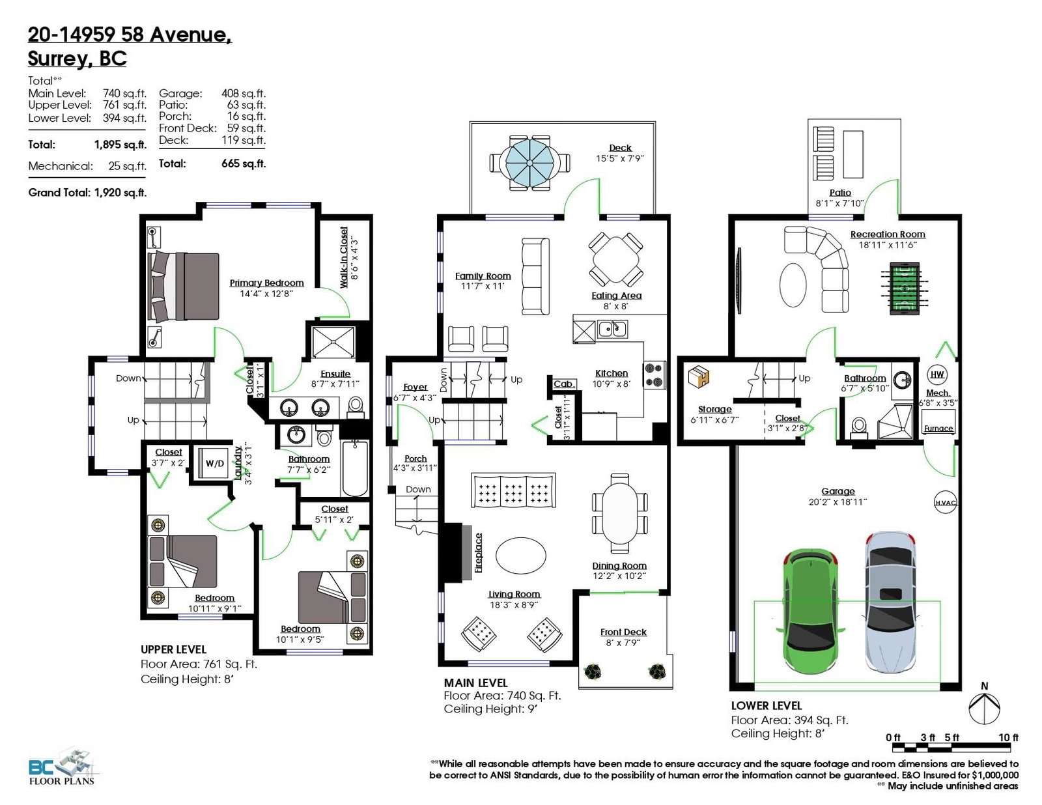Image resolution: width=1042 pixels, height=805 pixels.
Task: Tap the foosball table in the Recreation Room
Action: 904,288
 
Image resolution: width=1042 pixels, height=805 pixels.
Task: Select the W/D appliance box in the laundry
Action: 214,463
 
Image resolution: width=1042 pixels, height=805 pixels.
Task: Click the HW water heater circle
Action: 937,374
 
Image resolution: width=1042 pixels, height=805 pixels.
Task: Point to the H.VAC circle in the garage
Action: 945,502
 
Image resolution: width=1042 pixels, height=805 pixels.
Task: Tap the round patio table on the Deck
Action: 529,163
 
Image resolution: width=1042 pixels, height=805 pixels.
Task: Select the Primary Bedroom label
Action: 266,283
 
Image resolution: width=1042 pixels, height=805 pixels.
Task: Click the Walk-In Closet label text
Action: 344,257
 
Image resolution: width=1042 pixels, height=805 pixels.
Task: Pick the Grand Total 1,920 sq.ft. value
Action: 120,193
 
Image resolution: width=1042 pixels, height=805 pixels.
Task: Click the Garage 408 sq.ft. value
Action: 243,94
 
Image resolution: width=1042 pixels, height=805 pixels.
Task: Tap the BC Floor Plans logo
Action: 64,766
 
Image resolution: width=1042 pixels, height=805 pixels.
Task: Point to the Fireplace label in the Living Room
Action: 478,552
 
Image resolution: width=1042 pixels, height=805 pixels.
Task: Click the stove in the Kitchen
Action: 654,374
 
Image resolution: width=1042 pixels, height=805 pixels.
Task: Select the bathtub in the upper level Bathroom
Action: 355,468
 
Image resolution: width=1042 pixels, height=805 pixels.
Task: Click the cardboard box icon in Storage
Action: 699,376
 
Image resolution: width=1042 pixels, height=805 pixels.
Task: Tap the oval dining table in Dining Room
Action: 619,513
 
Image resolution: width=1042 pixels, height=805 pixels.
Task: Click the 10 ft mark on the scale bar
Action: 1008,737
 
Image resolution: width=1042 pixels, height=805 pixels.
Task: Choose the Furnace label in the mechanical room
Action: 938,429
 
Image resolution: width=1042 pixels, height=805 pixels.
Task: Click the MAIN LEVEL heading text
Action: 475,683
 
